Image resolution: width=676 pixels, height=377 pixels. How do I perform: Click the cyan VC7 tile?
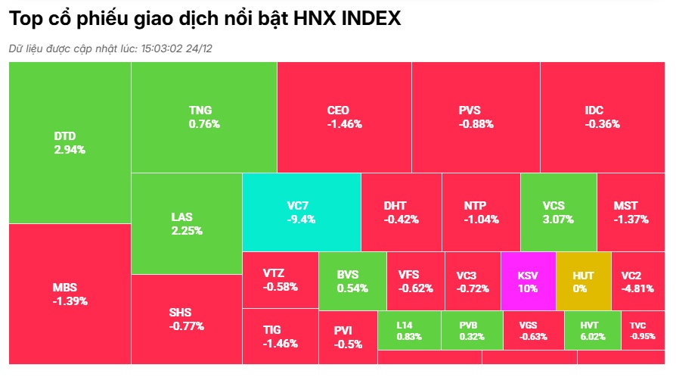click(301, 212)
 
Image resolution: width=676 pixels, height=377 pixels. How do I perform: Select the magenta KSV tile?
click(528, 281)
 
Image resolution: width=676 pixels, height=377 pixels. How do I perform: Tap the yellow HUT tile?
click(583, 281)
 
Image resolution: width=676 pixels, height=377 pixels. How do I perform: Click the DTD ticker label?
click(65, 136)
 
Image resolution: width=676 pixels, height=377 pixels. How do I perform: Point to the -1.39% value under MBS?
click(70, 301)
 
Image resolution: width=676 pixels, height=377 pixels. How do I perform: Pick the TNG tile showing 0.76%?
click(204, 117)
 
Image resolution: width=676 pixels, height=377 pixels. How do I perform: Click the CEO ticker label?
click(338, 111)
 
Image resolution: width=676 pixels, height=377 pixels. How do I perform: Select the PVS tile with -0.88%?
click(476, 117)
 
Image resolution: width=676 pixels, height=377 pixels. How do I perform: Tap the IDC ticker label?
click(594, 111)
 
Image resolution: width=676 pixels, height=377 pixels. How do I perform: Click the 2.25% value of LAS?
click(187, 231)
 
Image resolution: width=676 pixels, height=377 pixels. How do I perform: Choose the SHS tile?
click(187, 319)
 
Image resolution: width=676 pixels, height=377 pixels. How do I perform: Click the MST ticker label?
click(625, 205)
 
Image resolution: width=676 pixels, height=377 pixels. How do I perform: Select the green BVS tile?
click(352, 281)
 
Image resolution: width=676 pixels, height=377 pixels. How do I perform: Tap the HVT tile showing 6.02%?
click(592, 331)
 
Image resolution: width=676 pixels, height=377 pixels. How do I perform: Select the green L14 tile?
click(408, 331)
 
